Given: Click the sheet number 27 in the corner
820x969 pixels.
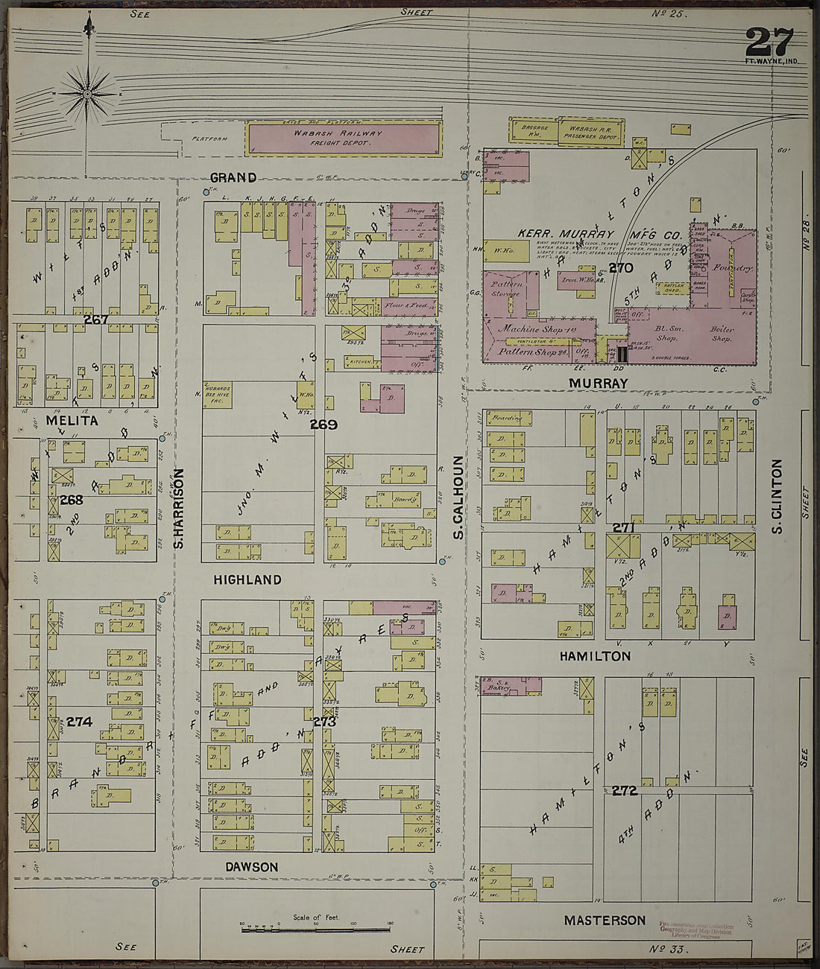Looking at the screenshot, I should pos(769,42).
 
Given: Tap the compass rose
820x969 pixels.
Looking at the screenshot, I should pos(88,94).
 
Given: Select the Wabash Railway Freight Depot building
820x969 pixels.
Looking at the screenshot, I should pos(344,139).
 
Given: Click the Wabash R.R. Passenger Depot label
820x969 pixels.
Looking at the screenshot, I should pos(591,132).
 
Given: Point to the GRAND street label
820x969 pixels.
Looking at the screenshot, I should pos(233,177).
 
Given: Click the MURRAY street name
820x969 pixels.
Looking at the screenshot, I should pos(598,383).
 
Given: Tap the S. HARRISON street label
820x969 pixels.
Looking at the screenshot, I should pos(179,509).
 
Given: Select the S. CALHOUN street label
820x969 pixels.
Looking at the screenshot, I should pos(458,498).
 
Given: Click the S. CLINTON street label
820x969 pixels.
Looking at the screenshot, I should pos(777,495).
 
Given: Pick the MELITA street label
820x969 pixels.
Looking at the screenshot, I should pos(72,421).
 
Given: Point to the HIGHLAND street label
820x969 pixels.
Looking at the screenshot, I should pos(247,579).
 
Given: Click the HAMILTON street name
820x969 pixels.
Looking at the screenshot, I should pos(595,656).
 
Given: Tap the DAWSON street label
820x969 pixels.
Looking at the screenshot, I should pos(253,867).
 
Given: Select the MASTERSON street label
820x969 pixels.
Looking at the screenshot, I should pos(605,921).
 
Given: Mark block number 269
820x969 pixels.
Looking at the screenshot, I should pos(324,425).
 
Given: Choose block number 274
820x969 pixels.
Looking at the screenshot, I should pos(79,722).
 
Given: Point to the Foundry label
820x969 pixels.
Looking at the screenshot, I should pos(733,267).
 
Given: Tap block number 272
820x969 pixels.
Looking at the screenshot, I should pos(624,790).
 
